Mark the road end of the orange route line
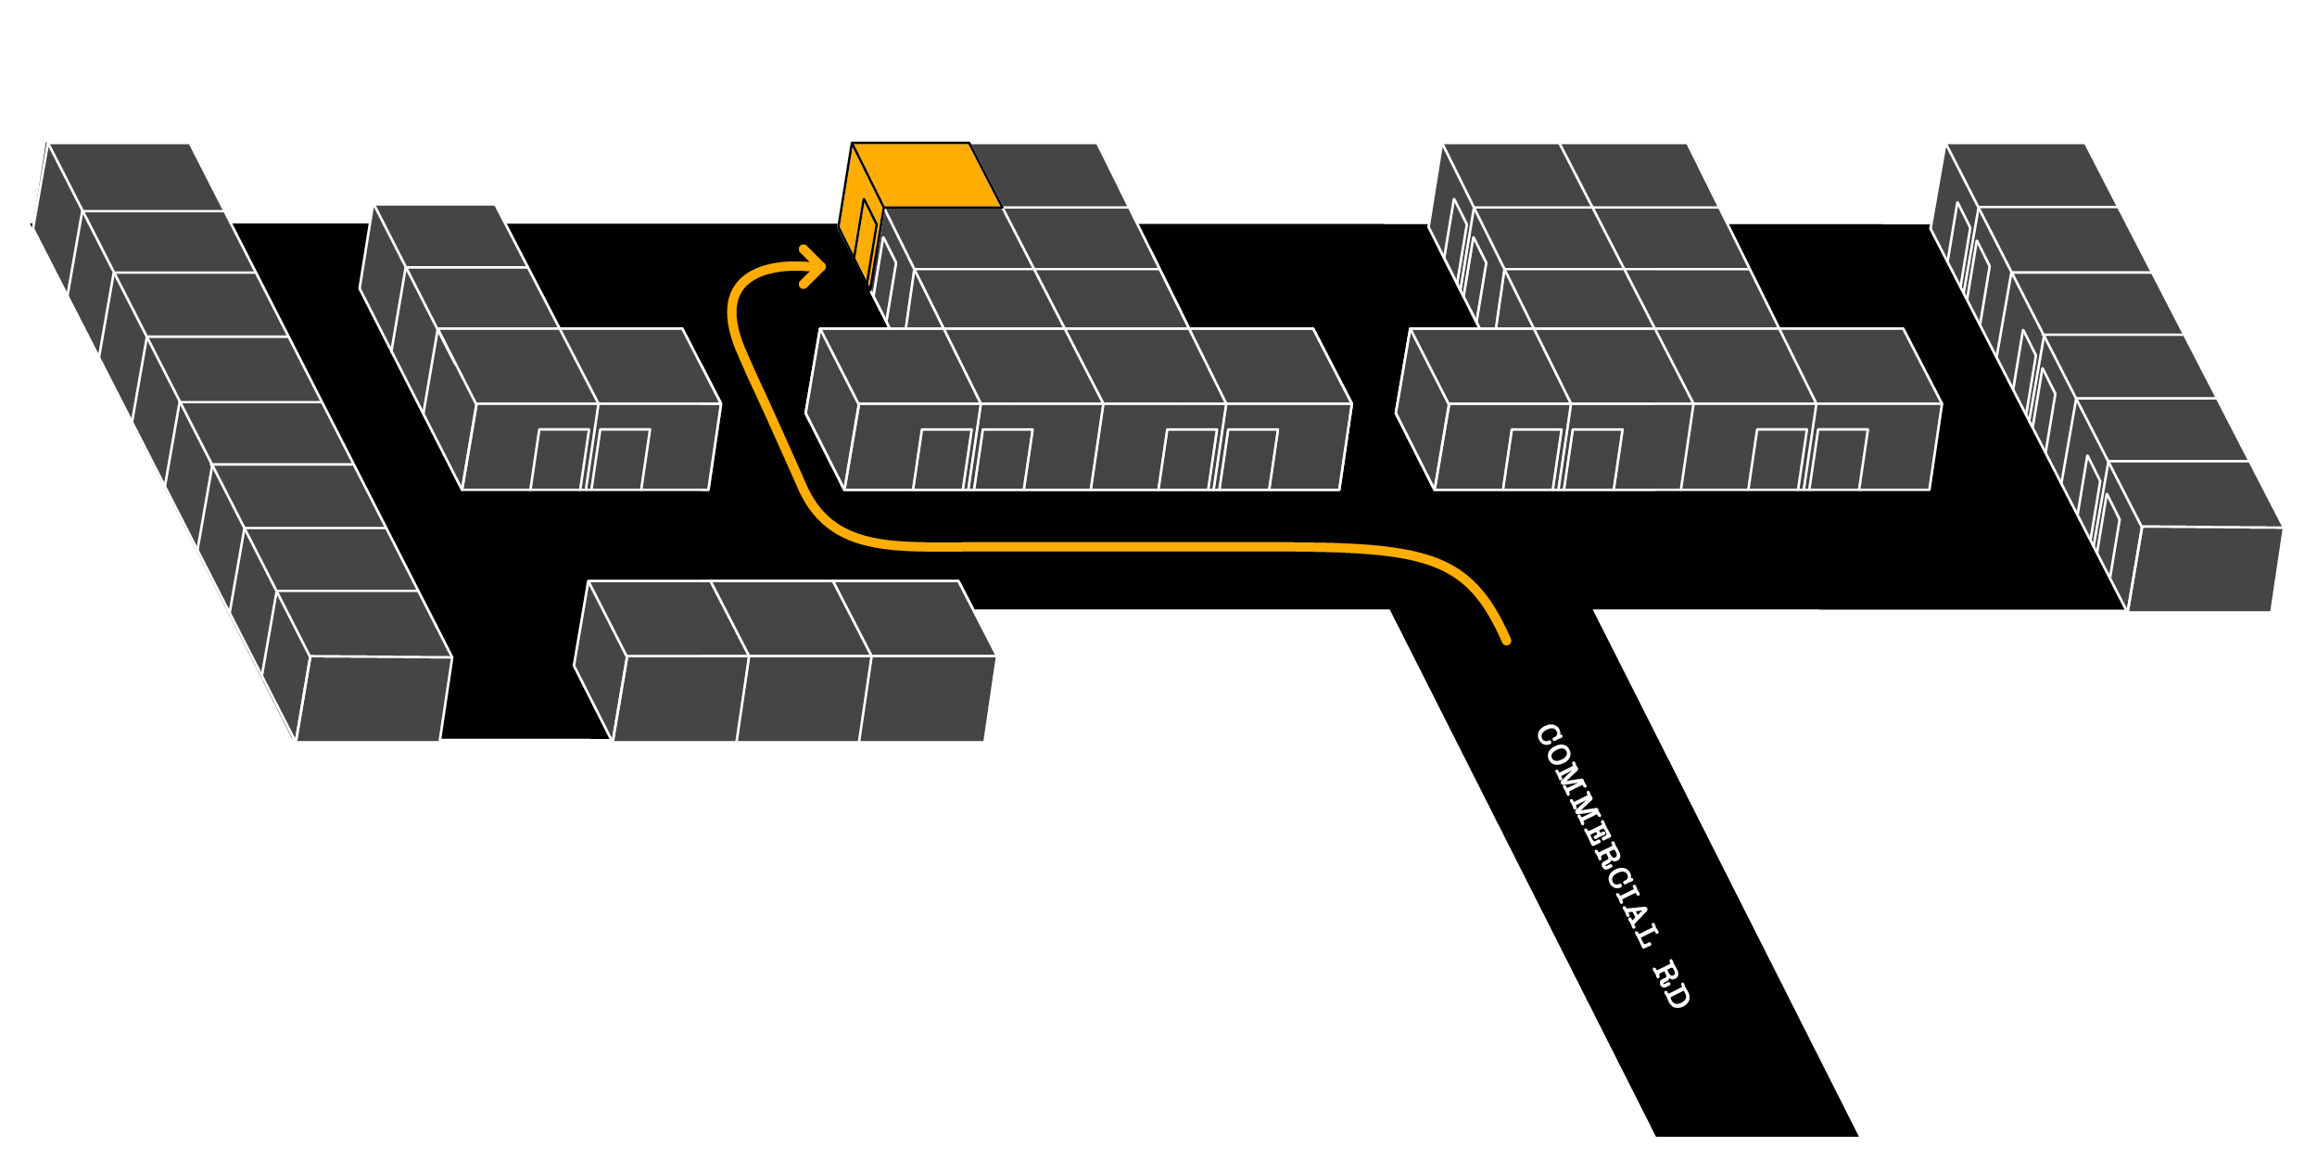(x=1505, y=639)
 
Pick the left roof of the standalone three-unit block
(x=668, y=618)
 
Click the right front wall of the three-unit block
(x=926, y=698)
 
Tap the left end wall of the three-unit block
(x=600, y=660)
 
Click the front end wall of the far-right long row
(x=2205, y=569)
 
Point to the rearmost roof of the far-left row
(x=135, y=176)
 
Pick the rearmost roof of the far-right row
(x=2031, y=174)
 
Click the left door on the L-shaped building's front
(x=559, y=459)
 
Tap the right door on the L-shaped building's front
(x=620, y=459)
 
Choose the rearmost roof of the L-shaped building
(x=450, y=236)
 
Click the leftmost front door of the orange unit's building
(x=942, y=459)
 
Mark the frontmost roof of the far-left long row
(x=363, y=623)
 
